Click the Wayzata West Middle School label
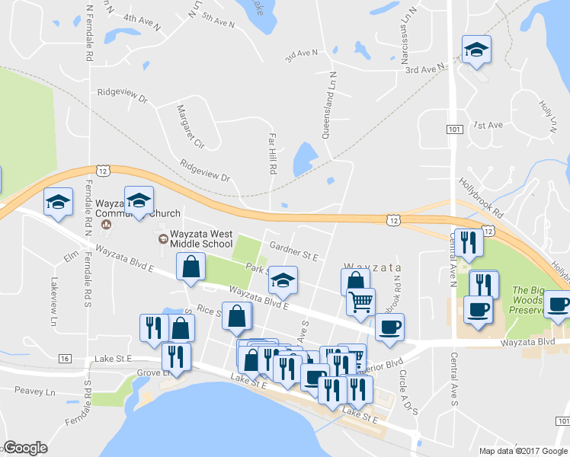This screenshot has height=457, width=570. (x=200, y=239)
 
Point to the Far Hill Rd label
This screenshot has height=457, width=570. (x=271, y=152)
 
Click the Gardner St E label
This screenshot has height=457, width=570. (x=293, y=251)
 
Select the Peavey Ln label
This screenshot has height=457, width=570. (x=35, y=391)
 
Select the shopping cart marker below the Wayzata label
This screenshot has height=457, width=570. (x=360, y=301)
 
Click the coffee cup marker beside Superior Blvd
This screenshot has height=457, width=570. (x=390, y=328)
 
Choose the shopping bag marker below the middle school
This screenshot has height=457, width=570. (x=191, y=267)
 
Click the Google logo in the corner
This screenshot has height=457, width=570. (x=26, y=448)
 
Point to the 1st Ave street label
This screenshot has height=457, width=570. (x=488, y=125)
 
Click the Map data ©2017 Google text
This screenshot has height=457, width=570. (x=523, y=451)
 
